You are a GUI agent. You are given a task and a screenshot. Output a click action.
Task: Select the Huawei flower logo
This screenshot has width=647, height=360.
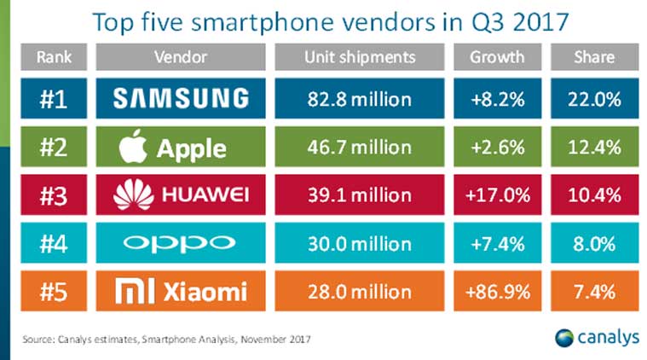(x=130, y=195)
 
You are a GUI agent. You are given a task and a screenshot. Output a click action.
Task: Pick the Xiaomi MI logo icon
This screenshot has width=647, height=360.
(x=131, y=292)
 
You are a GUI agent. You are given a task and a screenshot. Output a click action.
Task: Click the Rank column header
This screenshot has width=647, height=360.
(x=55, y=57)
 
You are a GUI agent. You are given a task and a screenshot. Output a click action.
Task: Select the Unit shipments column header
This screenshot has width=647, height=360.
(x=361, y=57)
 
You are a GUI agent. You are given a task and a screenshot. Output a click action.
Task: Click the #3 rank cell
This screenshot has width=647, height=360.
(x=55, y=195)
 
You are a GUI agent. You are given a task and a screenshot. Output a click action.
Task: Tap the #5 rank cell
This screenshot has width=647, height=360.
(x=55, y=292)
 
